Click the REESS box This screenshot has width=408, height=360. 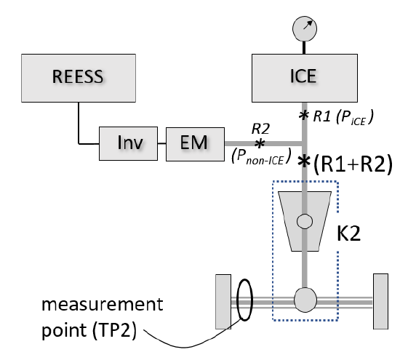tap(79, 78)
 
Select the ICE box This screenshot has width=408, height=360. tap(305, 78)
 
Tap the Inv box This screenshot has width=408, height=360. tap(128, 143)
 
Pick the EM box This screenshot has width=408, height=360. tap(195, 144)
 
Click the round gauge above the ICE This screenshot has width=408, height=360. tap(305, 28)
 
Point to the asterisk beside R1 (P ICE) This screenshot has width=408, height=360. tap(303, 115)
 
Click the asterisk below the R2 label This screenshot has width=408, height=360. tap(260, 143)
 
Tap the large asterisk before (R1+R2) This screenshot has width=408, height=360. tap(304, 161)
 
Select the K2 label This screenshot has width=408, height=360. tap(348, 233)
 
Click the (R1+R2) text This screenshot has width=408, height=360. tap(353, 164)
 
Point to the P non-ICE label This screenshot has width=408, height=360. tap(261, 156)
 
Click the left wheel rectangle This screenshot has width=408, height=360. tap(223, 302)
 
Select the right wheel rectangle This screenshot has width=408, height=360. tap(380, 301)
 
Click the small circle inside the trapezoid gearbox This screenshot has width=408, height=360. tap(305, 221)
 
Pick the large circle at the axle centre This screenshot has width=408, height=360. tap(305, 300)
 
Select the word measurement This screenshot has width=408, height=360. tap(102, 304)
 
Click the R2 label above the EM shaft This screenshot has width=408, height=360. tap(260, 129)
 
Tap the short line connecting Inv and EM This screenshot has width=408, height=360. tap(161, 143)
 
